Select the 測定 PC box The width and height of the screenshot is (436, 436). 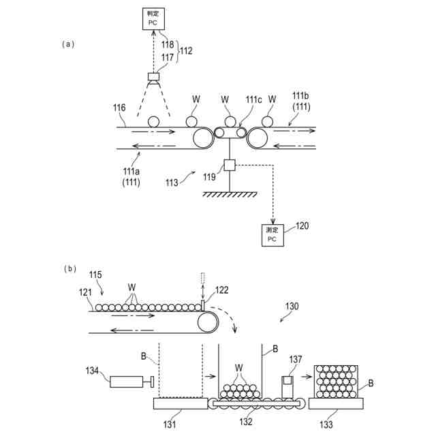coord(272,235)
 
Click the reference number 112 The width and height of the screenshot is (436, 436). coord(186,50)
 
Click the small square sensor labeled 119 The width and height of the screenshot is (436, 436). coord(230,165)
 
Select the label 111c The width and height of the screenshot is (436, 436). coord(253,99)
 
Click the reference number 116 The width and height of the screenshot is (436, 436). coord(120,108)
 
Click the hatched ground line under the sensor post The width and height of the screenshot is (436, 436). coord(230,194)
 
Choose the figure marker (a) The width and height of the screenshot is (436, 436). coord(67,44)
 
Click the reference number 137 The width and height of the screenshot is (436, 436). coord(296,359)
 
